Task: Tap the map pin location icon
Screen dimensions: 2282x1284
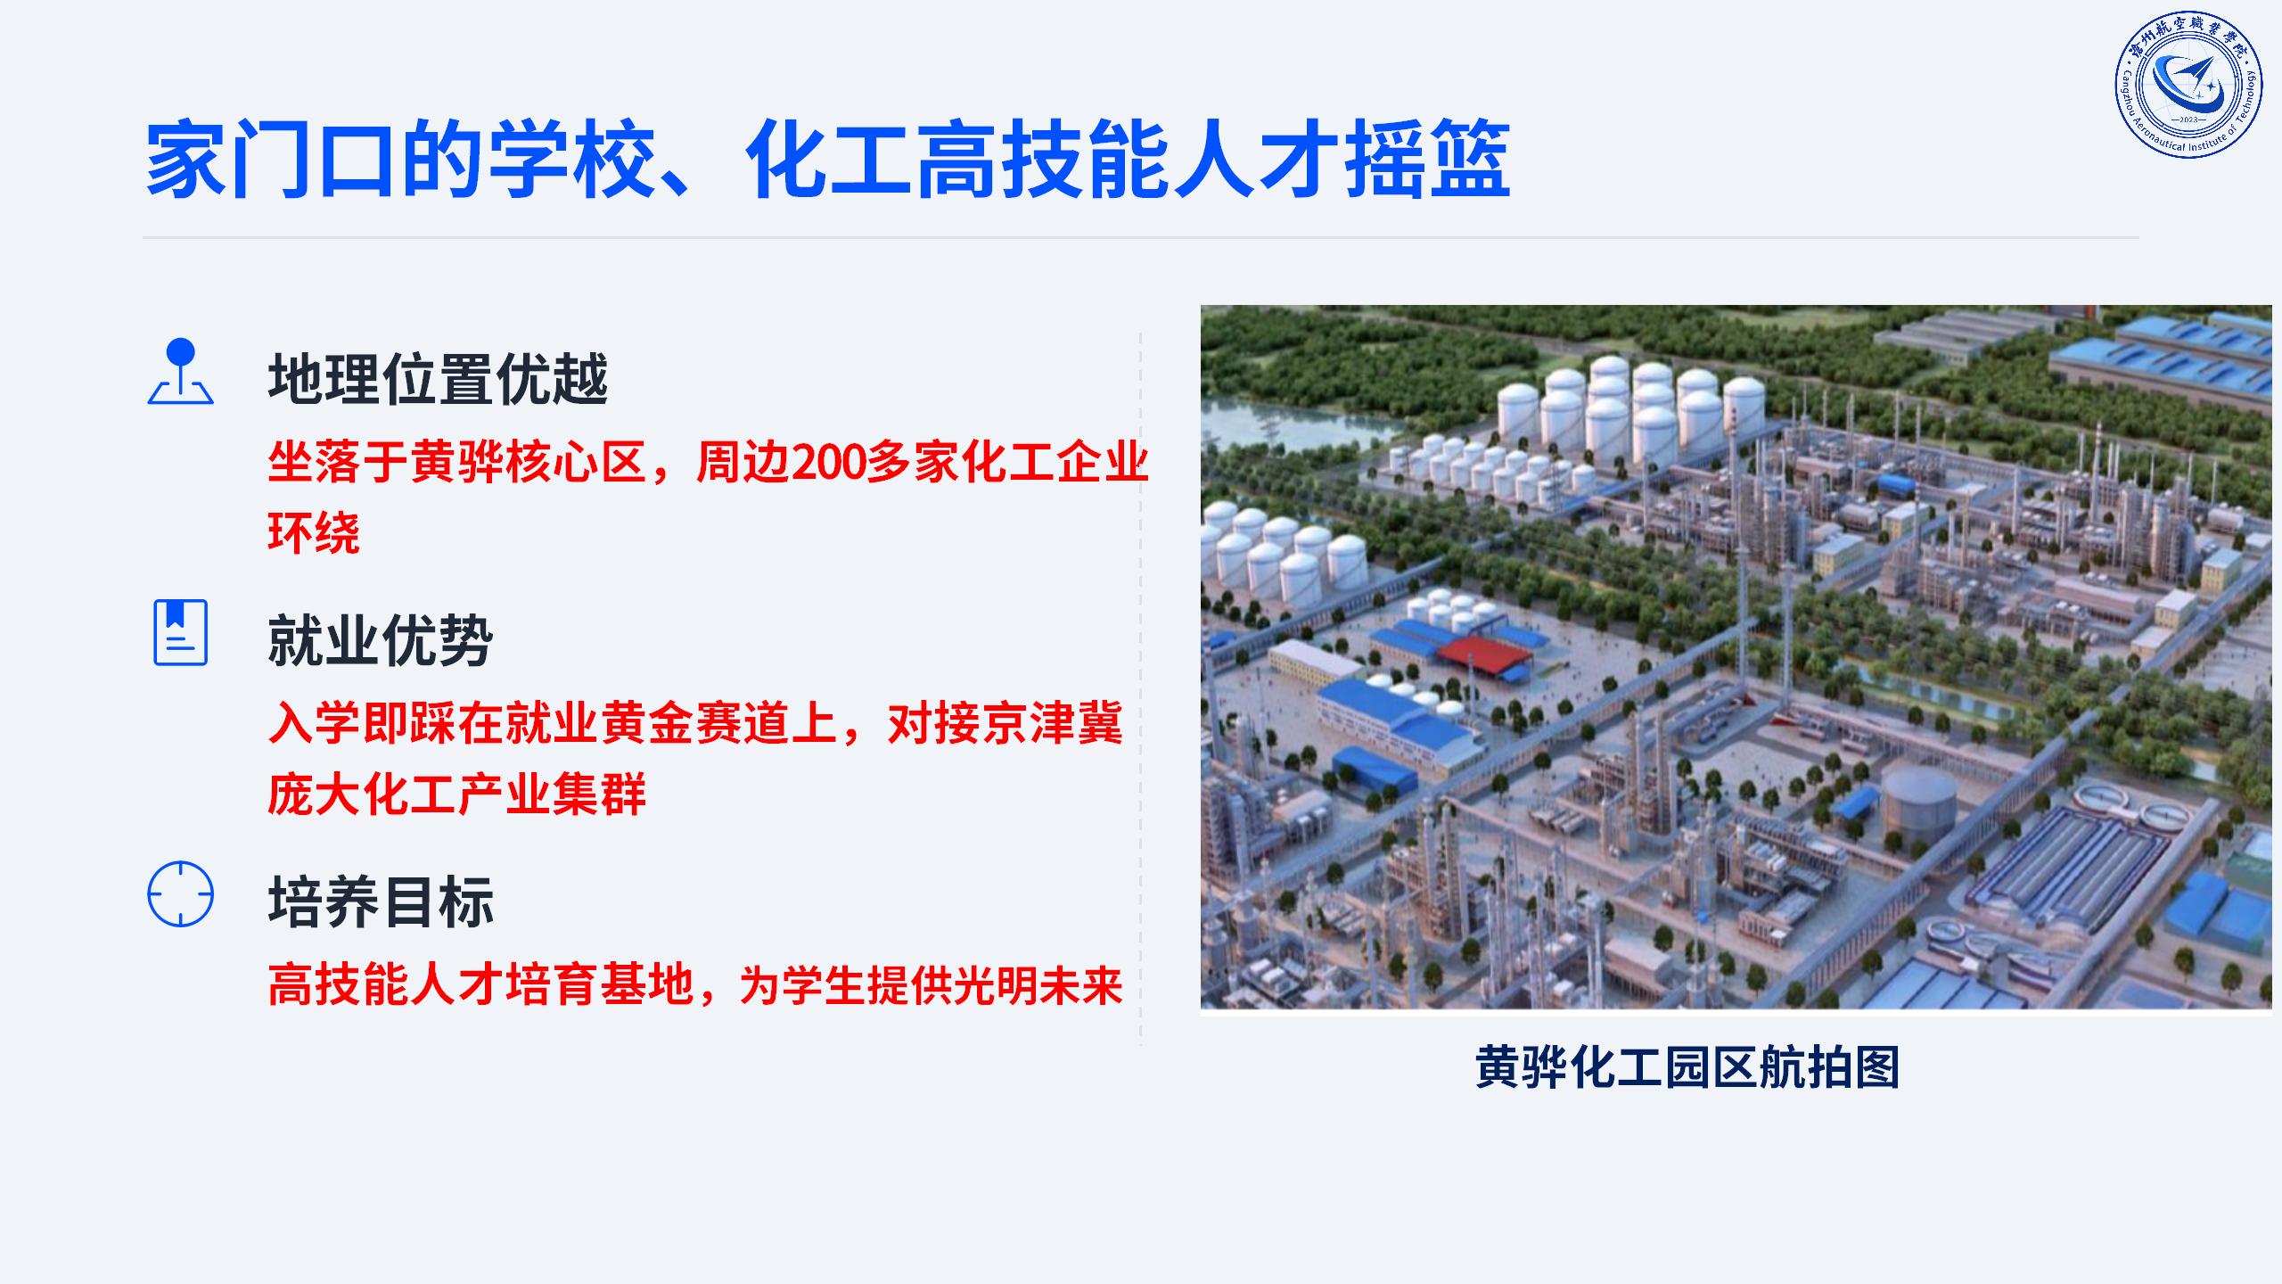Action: [181, 372]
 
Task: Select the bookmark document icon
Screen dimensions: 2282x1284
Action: [181, 632]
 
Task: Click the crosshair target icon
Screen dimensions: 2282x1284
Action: [181, 893]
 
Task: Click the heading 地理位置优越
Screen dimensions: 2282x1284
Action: [438, 379]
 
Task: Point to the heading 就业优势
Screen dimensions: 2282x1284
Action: [381, 640]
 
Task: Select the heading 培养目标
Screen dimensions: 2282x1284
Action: [381, 901]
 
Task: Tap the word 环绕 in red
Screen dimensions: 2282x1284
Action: [314, 533]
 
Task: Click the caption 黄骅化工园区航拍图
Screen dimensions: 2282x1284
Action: [1687, 1066]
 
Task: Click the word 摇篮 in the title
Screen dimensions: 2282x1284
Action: [1427, 160]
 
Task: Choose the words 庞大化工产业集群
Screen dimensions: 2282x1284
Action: [457, 794]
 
